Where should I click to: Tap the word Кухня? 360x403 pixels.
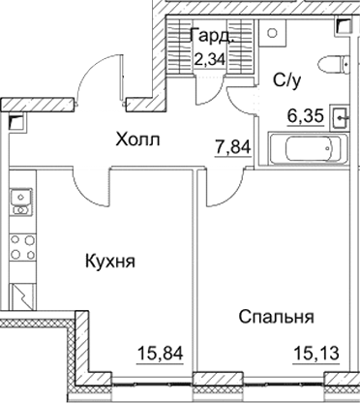pos(108,262)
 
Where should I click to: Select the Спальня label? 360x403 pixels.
pos(278,316)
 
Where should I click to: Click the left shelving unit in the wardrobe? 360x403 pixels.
pos(180,46)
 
